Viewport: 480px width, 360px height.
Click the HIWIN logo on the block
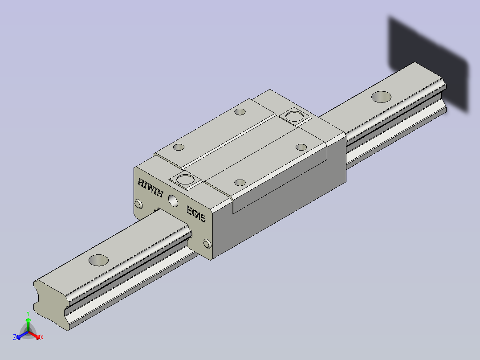click(x=151, y=188)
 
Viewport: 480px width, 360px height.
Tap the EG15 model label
click(x=196, y=214)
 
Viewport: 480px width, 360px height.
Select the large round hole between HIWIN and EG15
click(x=173, y=200)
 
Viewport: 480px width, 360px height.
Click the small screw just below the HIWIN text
click(x=138, y=204)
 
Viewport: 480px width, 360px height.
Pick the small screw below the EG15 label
click(x=207, y=244)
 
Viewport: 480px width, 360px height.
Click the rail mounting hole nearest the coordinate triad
click(x=98, y=260)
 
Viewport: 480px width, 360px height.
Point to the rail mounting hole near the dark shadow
click(x=381, y=97)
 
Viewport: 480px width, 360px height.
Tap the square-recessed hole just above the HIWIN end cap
click(x=186, y=180)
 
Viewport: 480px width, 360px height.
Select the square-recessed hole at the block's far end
click(x=294, y=116)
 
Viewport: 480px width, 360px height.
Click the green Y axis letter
click(x=28, y=313)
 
